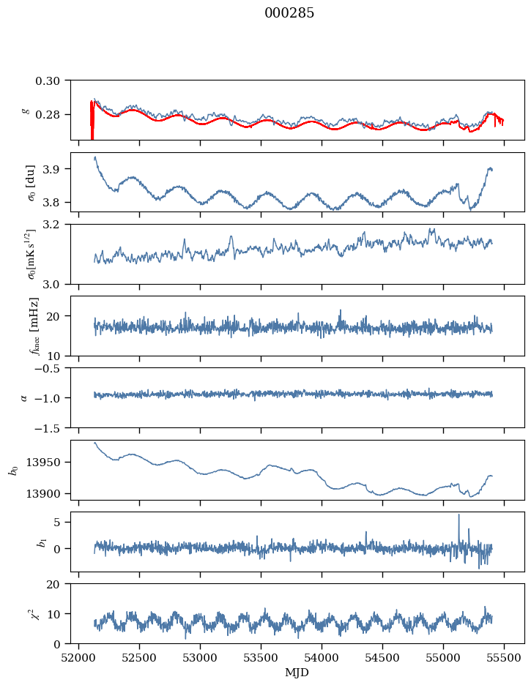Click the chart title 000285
289,14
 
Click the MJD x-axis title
297,673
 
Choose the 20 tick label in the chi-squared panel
59,584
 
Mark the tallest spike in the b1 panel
459,515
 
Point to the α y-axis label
24,397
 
